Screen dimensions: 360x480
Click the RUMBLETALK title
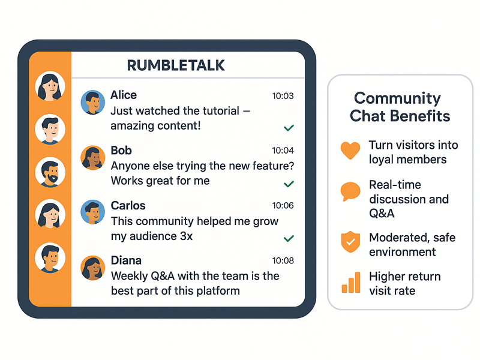(176, 65)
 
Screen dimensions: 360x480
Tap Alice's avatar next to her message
(92, 103)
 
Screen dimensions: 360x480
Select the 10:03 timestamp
(283, 96)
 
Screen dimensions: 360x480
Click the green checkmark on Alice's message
(289, 128)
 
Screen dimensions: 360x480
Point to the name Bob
(121, 151)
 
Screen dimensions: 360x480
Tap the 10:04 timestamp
(283, 151)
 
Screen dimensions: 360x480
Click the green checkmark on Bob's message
(289, 183)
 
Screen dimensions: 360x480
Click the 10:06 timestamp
(283, 206)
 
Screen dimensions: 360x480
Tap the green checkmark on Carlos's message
(289, 238)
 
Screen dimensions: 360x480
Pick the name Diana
(126, 261)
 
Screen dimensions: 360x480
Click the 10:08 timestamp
(283, 261)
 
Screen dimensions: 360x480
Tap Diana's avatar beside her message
(92, 268)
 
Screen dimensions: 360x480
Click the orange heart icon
(350, 151)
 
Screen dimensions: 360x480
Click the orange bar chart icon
(351, 282)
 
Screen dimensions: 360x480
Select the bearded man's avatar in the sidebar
(50, 172)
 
